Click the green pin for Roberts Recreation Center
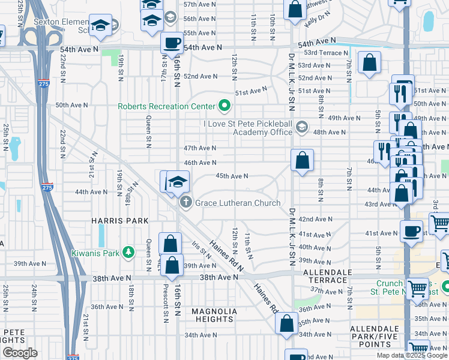224,106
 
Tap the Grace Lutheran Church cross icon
185,202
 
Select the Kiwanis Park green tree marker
128,253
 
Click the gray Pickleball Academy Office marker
301,127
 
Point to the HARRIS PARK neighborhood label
119,221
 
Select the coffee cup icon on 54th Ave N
172,43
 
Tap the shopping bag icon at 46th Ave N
302,160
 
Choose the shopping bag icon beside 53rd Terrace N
369,62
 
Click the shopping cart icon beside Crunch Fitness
417,289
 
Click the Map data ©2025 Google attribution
412,355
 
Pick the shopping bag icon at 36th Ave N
287,323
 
